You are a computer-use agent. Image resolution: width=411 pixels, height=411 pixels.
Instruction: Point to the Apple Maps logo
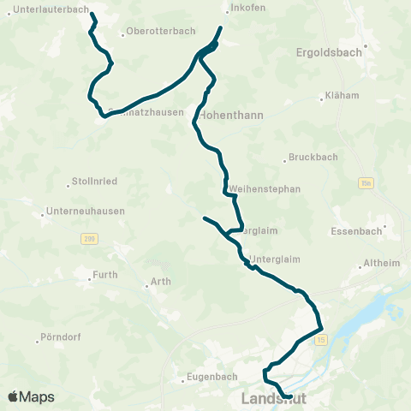[x=32, y=397]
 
